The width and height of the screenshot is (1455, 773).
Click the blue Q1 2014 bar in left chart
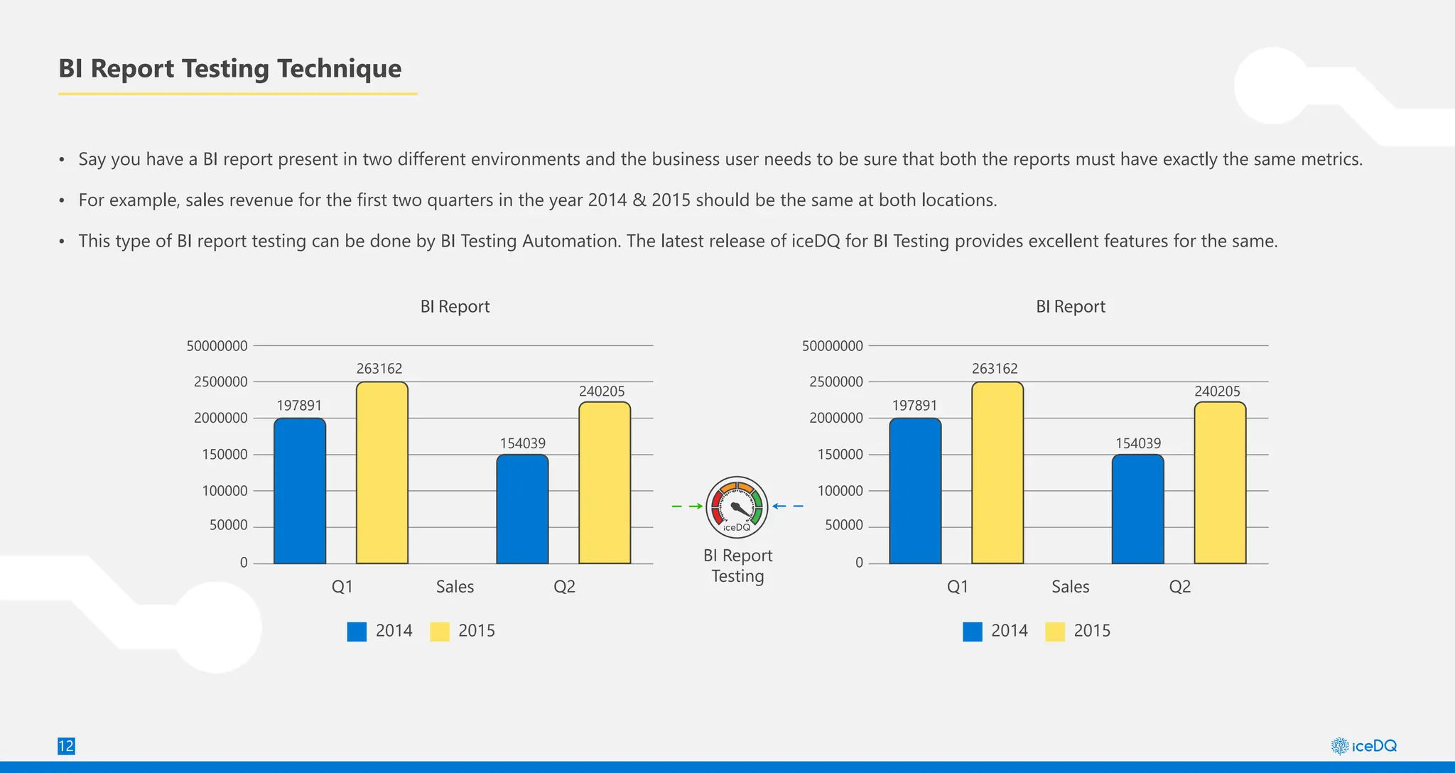click(x=299, y=491)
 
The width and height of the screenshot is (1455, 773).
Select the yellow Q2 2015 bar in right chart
click(x=1220, y=483)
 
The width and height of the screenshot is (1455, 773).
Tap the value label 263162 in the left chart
click(x=379, y=369)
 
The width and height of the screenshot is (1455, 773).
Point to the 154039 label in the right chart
click(x=1138, y=443)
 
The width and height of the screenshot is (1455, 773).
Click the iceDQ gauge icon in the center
click(x=737, y=507)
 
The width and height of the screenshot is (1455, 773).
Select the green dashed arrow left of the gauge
click(x=687, y=507)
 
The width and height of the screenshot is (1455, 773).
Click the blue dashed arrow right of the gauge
click(x=788, y=507)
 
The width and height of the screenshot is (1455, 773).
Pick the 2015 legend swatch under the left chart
click(x=440, y=632)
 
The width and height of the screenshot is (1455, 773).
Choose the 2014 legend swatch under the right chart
click(x=972, y=632)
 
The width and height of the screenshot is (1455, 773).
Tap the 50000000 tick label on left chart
click(x=217, y=346)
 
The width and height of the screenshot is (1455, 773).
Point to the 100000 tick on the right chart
click(x=840, y=491)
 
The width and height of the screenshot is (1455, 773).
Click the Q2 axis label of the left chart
click(x=564, y=587)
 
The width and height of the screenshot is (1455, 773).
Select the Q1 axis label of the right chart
click(x=957, y=587)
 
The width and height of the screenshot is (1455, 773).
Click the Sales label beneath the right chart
click(x=1070, y=587)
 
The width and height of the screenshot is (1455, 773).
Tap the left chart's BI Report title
click(x=455, y=306)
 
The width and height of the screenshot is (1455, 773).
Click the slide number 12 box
click(x=65, y=746)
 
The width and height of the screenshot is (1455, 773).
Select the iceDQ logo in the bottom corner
click(x=1363, y=746)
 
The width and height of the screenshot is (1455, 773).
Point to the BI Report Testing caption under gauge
click(x=737, y=566)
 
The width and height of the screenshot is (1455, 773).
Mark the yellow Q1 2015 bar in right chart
click(x=997, y=473)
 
